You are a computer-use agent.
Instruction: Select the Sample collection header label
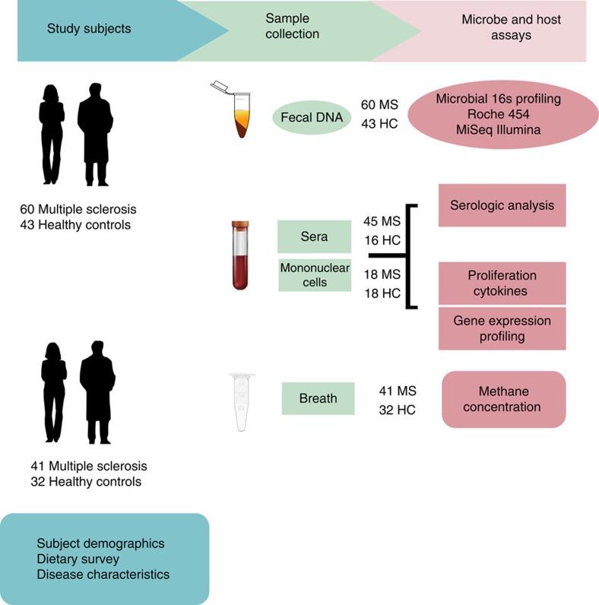click(293, 27)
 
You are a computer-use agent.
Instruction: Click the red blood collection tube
click(240, 254)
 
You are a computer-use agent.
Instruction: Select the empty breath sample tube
click(242, 402)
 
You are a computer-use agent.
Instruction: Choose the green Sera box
click(314, 236)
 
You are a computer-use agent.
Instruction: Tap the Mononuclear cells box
click(314, 274)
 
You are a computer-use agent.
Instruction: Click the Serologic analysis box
click(502, 205)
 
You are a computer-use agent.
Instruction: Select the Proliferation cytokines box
click(502, 283)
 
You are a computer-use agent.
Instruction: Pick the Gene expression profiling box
click(502, 328)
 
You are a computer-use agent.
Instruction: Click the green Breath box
click(318, 398)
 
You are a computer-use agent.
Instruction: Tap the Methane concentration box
click(503, 399)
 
